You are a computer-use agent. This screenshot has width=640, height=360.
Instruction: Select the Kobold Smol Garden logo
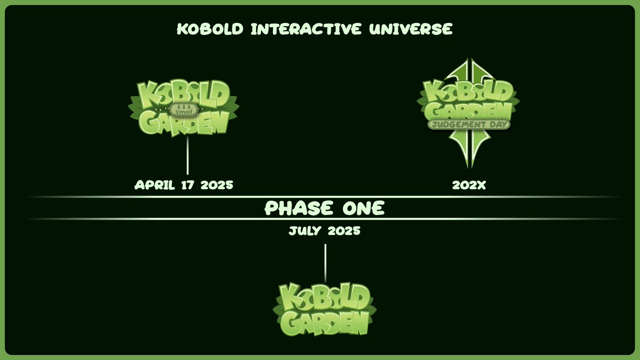pyautogui.click(x=183, y=109)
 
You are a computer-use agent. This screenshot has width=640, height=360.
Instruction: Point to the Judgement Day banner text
pyautogui.click(x=469, y=124)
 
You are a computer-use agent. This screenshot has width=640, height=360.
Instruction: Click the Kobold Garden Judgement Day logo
pyautogui.click(x=468, y=107)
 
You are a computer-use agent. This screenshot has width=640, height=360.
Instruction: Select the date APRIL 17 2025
pyautogui.click(x=183, y=185)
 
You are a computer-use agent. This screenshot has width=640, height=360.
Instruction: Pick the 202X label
pyautogui.click(x=468, y=185)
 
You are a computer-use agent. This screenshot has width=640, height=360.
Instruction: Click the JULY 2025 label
pyautogui.click(x=324, y=232)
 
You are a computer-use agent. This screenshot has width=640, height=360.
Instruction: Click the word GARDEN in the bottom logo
pyautogui.click(x=325, y=322)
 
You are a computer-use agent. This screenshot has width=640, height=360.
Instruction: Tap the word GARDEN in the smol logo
pyautogui.click(x=183, y=124)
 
